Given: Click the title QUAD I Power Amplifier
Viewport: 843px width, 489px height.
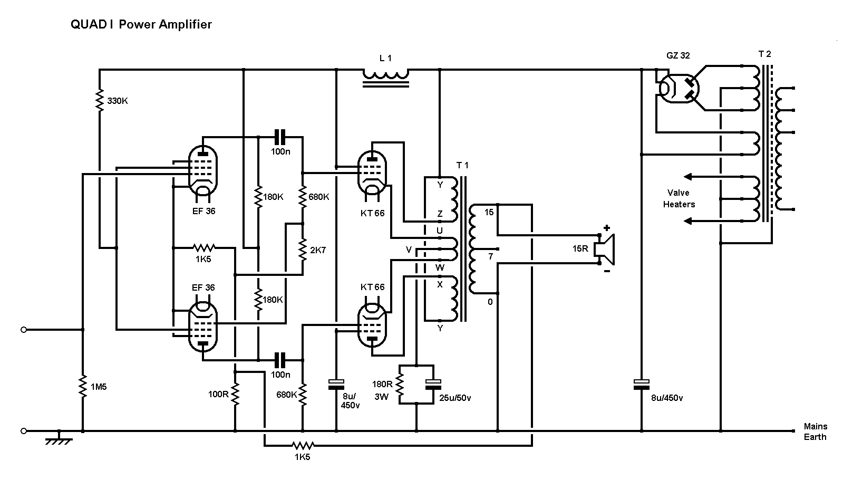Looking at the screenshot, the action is (x=141, y=24).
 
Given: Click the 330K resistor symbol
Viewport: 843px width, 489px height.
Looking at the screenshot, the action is (x=99, y=100).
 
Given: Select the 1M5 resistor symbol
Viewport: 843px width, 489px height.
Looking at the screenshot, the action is (x=83, y=386).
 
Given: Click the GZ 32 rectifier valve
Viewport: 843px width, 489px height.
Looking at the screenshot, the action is (x=679, y=89).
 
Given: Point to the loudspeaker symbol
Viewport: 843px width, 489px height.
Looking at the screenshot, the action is (x=605, y=249).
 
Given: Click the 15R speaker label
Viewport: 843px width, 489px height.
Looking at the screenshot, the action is (x=580, y=248).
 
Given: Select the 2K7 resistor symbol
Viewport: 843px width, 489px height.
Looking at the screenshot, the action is (x=303, y=250).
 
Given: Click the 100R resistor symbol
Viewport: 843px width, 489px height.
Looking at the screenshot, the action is (x=235, y=394).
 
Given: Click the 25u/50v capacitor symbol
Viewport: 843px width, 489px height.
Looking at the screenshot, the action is (x=433, y=385).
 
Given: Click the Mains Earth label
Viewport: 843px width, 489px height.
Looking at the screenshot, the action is (x=815, y=432).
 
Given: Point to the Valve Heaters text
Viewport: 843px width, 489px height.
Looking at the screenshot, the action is (x=679, y=198).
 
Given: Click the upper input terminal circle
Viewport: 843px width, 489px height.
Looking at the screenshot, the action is (x=24, y=330).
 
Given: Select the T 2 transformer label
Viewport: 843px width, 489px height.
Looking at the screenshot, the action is (x=764, y=54).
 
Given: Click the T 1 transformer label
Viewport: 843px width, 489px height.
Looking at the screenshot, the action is (x=462, y=165).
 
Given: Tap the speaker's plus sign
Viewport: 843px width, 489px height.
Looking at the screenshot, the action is (x=607, y=228).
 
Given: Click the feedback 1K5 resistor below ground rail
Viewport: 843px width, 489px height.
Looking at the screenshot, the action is (x=303, y=446).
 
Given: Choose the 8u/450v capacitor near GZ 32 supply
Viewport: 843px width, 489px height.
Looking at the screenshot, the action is (x=642, y=385).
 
